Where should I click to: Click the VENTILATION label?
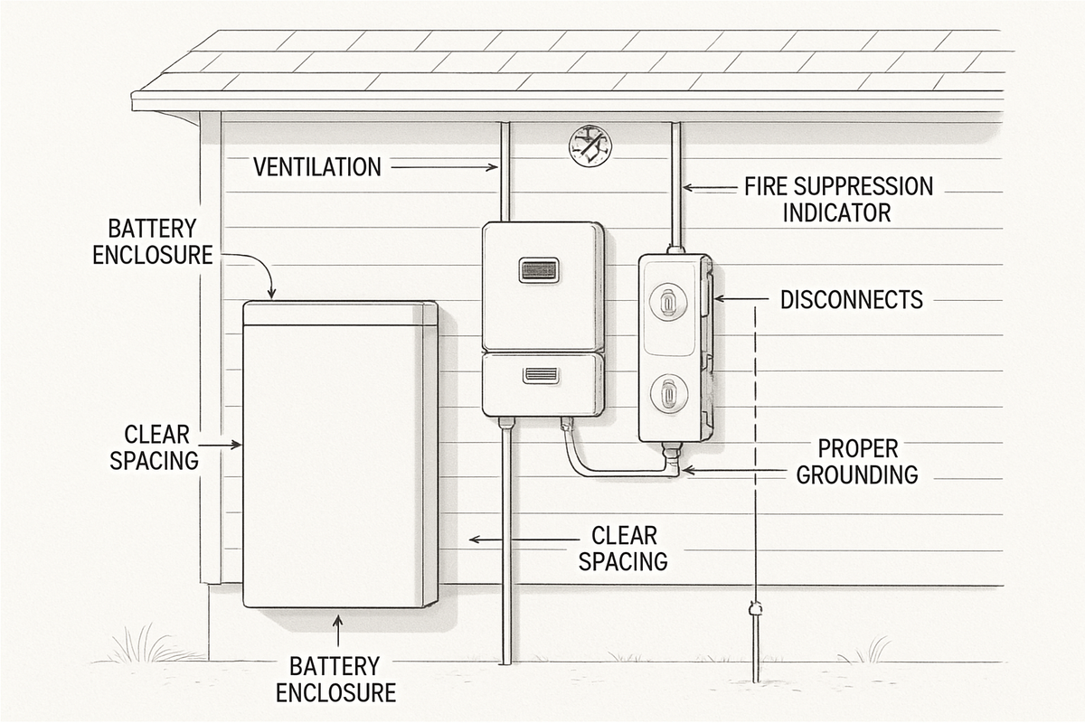(x=316, y=166)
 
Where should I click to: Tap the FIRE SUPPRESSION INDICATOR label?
(x=837, y=200)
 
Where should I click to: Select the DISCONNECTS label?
(x=851, y=299)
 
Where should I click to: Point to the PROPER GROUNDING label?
(x=856, y=461)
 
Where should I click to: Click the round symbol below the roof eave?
(x=590, y=145)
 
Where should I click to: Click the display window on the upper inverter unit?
(x=538, y=269)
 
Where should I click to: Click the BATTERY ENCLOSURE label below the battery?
(x=335, y=680)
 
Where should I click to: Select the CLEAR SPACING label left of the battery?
(x=154, y=447)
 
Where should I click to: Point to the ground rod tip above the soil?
(x=755, y=611)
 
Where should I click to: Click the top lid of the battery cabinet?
(x=340, y=314)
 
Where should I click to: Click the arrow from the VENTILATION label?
(x=443, y=166)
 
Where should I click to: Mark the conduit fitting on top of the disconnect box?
(x=674, y=249)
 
